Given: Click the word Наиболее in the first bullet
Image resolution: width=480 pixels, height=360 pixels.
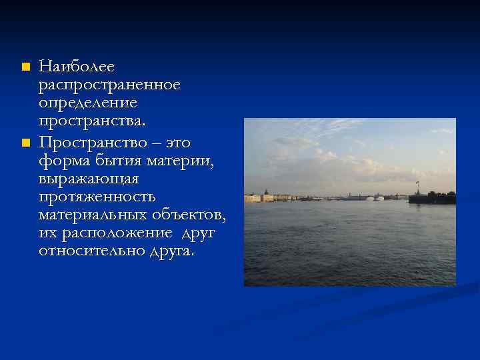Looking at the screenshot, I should [x=77, y=67].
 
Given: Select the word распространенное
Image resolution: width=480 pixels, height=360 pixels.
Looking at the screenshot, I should [x=109, y=86].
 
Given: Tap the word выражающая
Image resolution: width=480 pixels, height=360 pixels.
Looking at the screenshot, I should [x=89, y=179].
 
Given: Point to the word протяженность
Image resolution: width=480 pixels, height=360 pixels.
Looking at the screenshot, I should [x=97, y=198].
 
